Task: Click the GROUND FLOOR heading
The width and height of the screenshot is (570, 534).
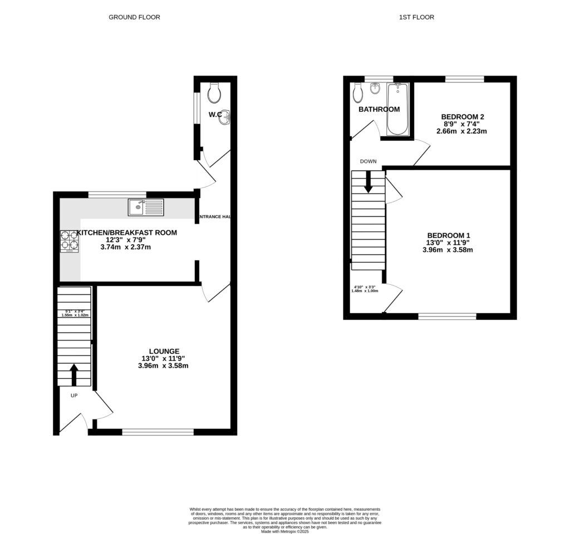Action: click(x=134, y=17)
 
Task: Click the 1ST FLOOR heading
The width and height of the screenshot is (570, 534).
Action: click(x=416, y=17)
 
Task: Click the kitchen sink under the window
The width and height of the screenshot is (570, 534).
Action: click(x=146, y=207)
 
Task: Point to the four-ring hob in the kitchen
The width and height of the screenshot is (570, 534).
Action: click(x=69, y=241)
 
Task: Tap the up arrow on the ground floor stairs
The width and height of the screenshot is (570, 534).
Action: click(x=74, y=374)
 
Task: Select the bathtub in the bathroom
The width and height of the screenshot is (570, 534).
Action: click(x=397, y=109)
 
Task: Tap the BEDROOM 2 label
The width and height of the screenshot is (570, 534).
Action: click(x=463, y=117)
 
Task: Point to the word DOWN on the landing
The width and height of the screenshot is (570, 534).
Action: click(x=368, y=161)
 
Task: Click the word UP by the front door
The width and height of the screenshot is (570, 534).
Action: click(x=74, y=396)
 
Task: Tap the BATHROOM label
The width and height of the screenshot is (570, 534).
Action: click(x=379, y=110)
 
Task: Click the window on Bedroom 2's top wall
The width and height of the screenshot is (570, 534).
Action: click(x=464, y=79)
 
